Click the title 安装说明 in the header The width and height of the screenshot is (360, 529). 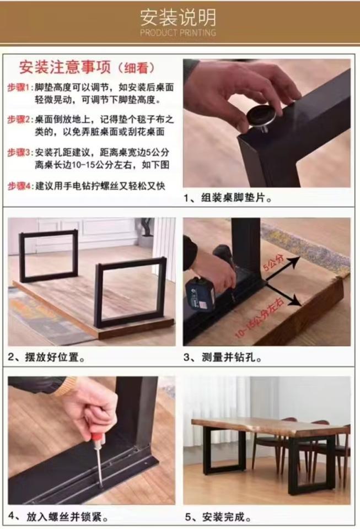tap(178, 18)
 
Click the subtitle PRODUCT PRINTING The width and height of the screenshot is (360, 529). tap(178, 33)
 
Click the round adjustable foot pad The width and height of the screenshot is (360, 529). tap(262, 116)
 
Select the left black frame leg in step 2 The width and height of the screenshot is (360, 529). tap(49, 256)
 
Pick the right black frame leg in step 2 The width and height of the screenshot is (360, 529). tap(130, 292)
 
